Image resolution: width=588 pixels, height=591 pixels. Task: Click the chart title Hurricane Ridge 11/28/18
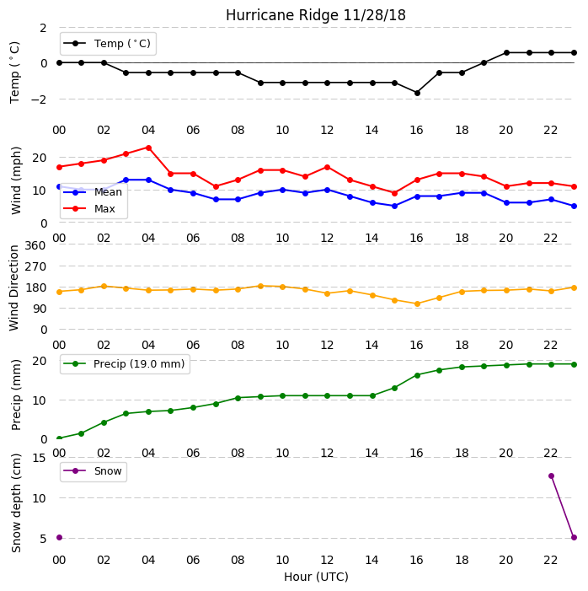(x=316, y=15)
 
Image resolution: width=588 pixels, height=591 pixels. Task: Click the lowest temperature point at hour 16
(x=417, y=93)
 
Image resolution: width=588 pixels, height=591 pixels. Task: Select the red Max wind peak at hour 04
(x=148, y=148)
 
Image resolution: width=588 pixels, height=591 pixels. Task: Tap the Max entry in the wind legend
(x=89, y=208)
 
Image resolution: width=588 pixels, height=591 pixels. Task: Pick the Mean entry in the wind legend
(x=93, y=192)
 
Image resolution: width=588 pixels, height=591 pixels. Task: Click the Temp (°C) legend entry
(x=107, y=43)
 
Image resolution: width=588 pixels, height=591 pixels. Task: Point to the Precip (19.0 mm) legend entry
(x=124, y=363)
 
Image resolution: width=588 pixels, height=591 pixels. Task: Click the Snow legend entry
(x=93, y=470)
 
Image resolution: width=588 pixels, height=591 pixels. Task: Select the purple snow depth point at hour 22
(x=551, y=475)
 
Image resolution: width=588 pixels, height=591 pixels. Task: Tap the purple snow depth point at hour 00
(x=59, y=537)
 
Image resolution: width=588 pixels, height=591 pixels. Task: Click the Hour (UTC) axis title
(x=316, y=577)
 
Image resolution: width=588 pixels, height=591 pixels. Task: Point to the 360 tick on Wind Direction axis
(x=35, y=245)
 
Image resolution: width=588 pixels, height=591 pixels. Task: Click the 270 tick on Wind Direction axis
(x=35, y=267)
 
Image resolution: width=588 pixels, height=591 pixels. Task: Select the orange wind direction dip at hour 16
(x=417, y=304)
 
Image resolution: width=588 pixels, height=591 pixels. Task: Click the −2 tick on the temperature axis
(x=39, y=99)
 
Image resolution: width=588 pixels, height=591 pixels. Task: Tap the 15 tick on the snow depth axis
(x=40, y=458)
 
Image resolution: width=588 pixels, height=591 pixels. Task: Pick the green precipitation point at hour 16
(x=417, y=375)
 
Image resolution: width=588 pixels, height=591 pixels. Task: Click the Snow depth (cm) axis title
(x=16, y=503)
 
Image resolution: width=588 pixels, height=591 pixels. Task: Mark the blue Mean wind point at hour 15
(x=394, y=206)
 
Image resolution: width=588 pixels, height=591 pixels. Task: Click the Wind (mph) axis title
(x=16, y=180)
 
